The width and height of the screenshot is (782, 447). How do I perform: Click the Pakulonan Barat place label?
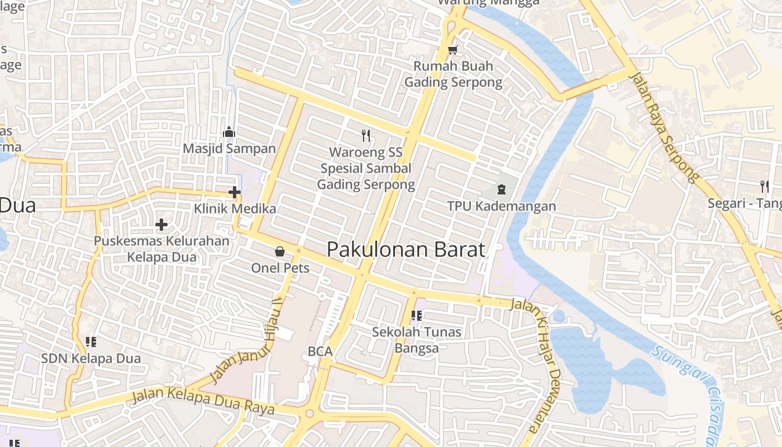406,249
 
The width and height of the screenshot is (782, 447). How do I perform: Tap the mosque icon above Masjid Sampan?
229,132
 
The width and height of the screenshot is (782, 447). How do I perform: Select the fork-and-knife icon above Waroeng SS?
366,135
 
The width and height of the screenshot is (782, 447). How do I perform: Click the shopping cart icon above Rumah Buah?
452,50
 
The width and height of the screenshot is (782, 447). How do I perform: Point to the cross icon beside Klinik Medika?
235,192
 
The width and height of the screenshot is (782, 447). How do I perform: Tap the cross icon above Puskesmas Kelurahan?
161,225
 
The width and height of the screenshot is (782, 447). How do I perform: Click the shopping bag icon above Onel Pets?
280,251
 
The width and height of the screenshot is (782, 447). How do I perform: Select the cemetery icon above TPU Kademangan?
501,189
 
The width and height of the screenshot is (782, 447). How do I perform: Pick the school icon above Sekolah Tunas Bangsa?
416,316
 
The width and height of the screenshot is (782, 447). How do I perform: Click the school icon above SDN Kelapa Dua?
91,341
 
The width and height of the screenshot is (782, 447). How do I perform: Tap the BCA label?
320,351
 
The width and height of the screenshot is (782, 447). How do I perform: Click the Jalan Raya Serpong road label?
664,127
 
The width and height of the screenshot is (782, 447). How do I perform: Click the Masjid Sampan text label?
230,149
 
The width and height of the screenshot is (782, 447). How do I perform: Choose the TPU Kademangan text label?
502,206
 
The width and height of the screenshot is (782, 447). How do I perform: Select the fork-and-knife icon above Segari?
764,187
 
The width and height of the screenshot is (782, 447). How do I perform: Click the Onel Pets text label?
280,268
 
